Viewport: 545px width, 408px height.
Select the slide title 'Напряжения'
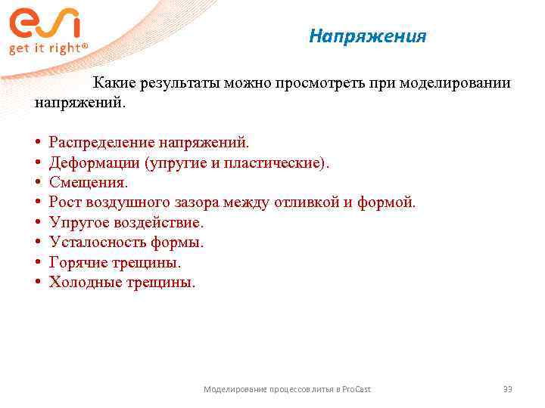(x=368, y=36)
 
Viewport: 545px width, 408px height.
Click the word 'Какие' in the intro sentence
(x=114, y=83)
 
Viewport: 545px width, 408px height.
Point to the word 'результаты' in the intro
(x=179, y=83)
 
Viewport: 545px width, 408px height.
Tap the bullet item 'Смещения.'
(x=89, y=182)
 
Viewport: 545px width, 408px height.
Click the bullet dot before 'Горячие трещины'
(x=37, y=263)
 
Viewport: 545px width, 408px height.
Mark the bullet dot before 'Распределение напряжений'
(x=37, y=142)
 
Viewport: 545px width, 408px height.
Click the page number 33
(x=507, y=389)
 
